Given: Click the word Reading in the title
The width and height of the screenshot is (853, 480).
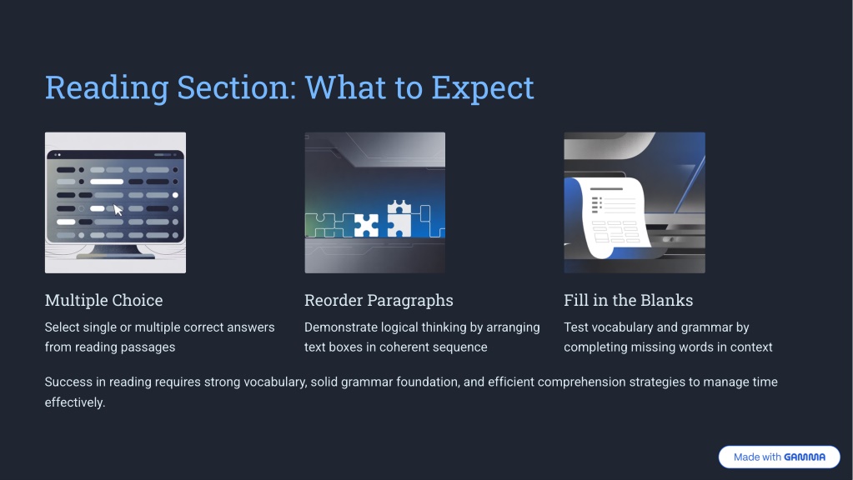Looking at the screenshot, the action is pos(107,88).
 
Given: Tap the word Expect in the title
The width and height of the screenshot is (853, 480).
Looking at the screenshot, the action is pos(483,88).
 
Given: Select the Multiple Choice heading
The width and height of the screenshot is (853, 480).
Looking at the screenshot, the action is pos(104,300).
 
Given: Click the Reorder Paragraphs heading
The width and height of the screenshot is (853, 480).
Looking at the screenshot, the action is pos(379,300).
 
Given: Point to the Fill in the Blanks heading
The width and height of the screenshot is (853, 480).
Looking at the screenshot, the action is pos(629,300).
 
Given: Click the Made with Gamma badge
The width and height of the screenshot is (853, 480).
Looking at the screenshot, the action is pos(779,457).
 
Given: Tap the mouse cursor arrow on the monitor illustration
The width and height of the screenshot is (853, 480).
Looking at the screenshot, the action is pos(118,210).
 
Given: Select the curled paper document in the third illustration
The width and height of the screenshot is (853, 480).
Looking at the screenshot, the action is pos(611,217).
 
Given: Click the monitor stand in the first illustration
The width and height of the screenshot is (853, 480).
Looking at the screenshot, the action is pos(115,251).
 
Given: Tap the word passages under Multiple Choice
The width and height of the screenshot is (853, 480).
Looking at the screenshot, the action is pos(150,347).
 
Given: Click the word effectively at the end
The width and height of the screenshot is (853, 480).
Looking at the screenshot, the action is pos(75,402).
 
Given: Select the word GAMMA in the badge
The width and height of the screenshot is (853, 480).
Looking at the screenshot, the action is pos(805,457).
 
